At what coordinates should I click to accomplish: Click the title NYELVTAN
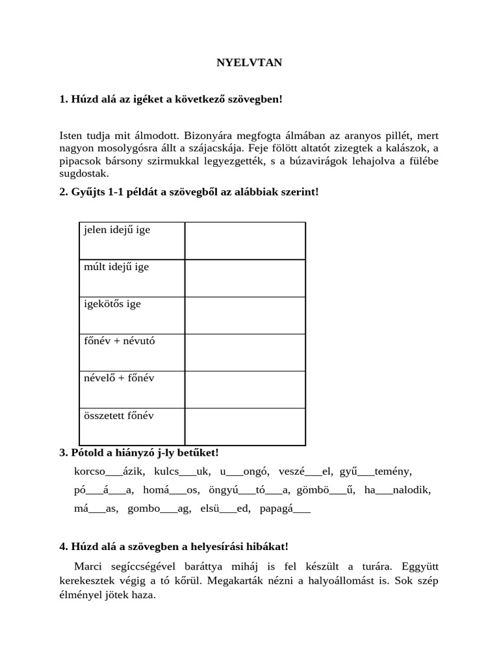tap(249, 63)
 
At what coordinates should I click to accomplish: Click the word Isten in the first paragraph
tap(71, 136)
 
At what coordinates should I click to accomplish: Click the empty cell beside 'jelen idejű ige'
tap(245, 240)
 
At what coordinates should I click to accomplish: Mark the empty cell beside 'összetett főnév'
tap(245, 426)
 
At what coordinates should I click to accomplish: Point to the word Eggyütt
tap(419, 566)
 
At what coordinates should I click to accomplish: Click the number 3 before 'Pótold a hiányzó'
tap(62, 452)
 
